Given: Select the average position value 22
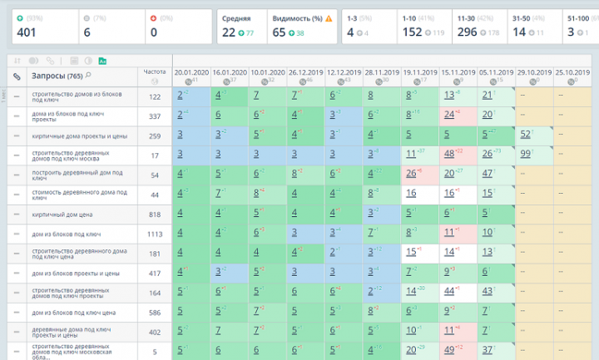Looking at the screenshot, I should [228, 32].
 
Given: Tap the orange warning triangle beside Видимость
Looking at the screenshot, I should [329, 17].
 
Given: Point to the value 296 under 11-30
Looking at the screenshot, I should [468, 32].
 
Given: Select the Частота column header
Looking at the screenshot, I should [154, 72].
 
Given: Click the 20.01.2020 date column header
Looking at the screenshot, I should [191, 72].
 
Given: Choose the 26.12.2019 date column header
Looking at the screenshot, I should [305, 72].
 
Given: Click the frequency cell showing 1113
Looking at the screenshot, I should [154, 234].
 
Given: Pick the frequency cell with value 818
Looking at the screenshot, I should [154, 214].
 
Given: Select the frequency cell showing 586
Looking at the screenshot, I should [154, 312].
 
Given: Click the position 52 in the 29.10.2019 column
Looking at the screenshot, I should [525, 134].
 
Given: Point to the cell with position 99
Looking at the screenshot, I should [525, 154].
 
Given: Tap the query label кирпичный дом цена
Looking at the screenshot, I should [66, 214].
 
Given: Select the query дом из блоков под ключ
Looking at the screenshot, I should [66, 234].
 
